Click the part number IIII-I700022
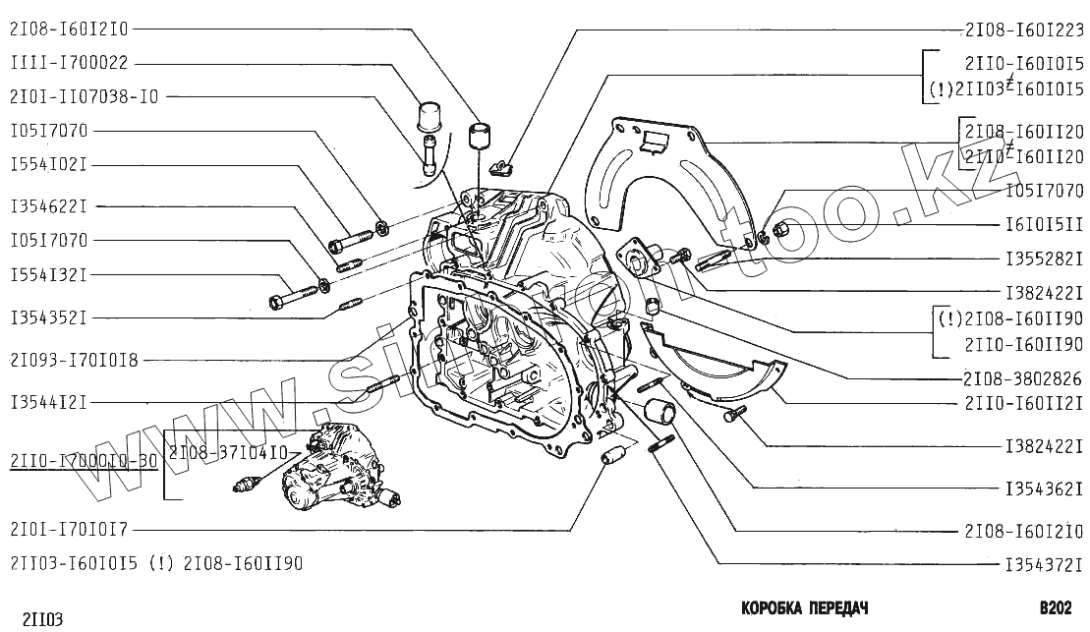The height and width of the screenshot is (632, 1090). click(x=70, y=63)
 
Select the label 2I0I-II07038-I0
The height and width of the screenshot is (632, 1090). click(x=84, y=96)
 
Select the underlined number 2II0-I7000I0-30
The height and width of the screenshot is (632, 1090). click(x=83, y=459)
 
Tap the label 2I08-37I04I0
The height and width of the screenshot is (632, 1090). click(x=227, y=452)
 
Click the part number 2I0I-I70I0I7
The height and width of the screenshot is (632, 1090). click(x=69, y=530)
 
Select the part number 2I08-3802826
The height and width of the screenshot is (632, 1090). click(x=1023, y=377)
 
